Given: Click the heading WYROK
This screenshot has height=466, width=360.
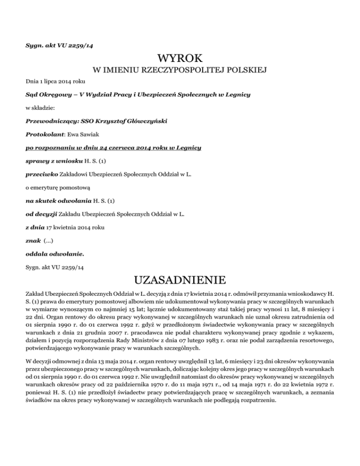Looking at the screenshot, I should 180,59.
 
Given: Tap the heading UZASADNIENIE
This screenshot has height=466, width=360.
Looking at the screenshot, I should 180,282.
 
